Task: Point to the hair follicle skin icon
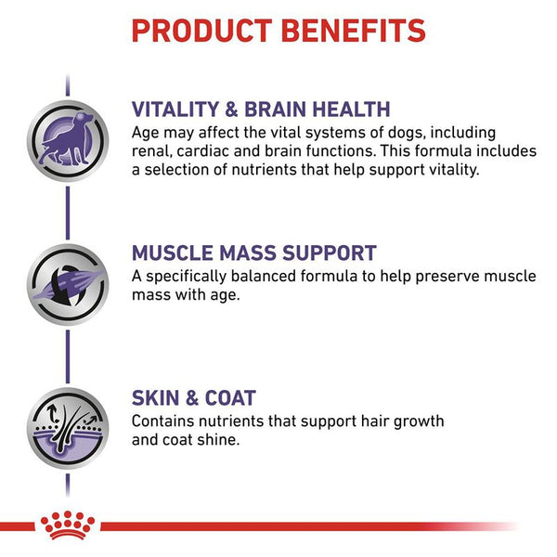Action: pyautogui.click(x=67, y=427)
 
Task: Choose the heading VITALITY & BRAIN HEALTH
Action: pyautogui.click(x=261, y=109)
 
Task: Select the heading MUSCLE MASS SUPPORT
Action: pyautogui.click(x=253, y=253)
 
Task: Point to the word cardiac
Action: pyautogui.click(x=215, y=150)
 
